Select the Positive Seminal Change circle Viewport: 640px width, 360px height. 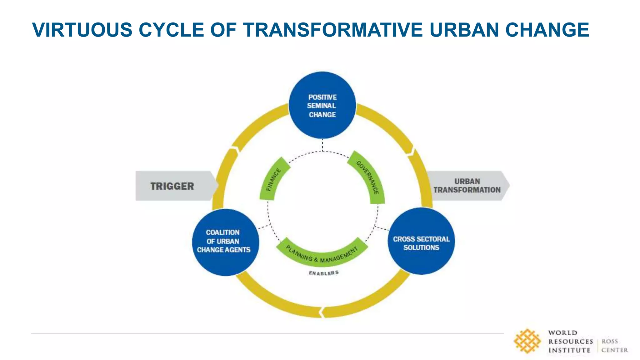pos(322,106)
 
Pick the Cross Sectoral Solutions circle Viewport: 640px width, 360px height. pos(421,241)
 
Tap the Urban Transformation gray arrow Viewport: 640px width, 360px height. pos(467,186)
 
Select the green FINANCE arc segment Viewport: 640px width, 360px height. pos(273,180)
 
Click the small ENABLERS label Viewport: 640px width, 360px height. pos(324,273)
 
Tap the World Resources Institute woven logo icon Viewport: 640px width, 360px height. pos(527,341)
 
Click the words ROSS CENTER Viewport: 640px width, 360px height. pos(614,346)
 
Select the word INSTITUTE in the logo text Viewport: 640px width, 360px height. pos(569,350)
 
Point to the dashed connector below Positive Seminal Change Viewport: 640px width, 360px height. pos(322,145)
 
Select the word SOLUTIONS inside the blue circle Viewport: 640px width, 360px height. pos(421,247)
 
